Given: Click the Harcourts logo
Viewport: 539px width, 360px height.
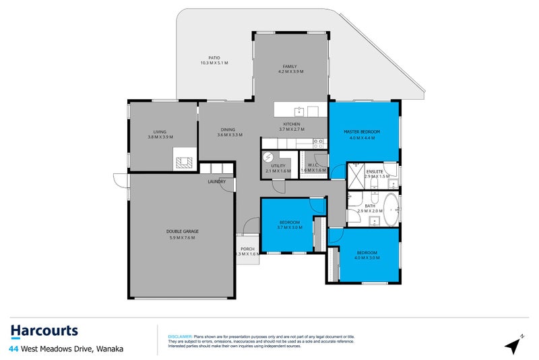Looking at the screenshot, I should [x=44, y=331].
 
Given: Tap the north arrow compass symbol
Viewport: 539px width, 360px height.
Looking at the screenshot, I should [x=515, y=344].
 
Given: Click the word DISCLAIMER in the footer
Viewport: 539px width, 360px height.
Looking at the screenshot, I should [x=180, y=335].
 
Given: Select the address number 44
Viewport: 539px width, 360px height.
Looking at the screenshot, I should [x=14, y=349].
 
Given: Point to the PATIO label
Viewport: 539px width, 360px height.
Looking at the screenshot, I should [x=214, y=58].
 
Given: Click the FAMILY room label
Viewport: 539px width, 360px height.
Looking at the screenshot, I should [x=290, y=66].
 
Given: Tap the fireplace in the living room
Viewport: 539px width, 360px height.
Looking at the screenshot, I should [x=183, y=162].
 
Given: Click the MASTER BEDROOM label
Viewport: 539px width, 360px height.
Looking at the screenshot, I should [x=362, y=131].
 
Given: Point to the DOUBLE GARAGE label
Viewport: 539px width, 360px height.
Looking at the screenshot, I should [x=182, y=231].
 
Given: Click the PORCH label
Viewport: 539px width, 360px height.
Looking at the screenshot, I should [x=247, y=247].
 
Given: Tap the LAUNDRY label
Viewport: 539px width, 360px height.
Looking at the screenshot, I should [x=216, y=181].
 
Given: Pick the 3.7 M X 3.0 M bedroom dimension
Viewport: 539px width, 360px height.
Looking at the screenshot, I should [x=288, y=227].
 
